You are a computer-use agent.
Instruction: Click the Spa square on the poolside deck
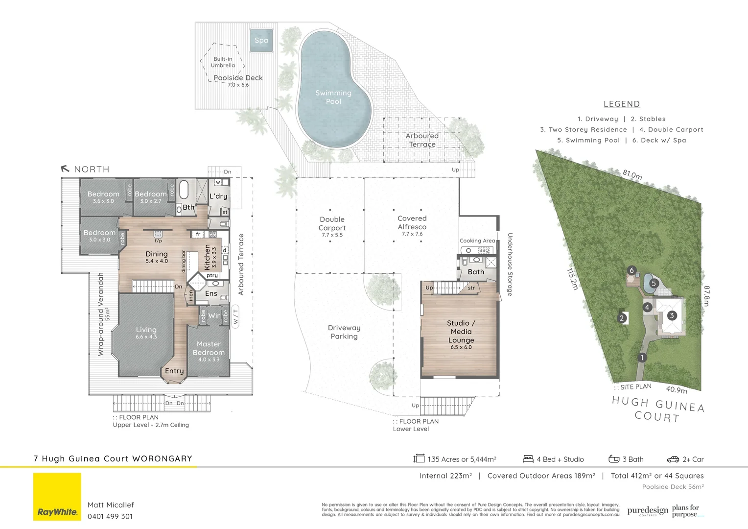tap(261, 40)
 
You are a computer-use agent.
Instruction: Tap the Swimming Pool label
tap(333, 97)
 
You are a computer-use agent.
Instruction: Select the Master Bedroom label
tap(209, 349)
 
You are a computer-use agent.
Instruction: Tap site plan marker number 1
tap(642, 358)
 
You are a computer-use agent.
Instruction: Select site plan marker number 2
tap(622, 318)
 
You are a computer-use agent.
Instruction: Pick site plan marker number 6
tap(631, 270)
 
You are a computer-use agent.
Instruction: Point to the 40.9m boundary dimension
tap(677, 389)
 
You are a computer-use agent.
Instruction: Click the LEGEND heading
tap(622, 104)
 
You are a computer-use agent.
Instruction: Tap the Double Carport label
tap(332, 224)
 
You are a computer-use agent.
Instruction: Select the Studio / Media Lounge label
tap(461, 332)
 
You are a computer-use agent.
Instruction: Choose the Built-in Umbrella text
tap(223, 62)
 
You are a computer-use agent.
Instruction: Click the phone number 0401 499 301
tap(110, 516)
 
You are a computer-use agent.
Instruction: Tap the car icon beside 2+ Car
tap(673, 459)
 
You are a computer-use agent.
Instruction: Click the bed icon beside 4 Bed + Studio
tap(528, 459)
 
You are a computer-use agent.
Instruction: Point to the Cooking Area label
tap(477, 240)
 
